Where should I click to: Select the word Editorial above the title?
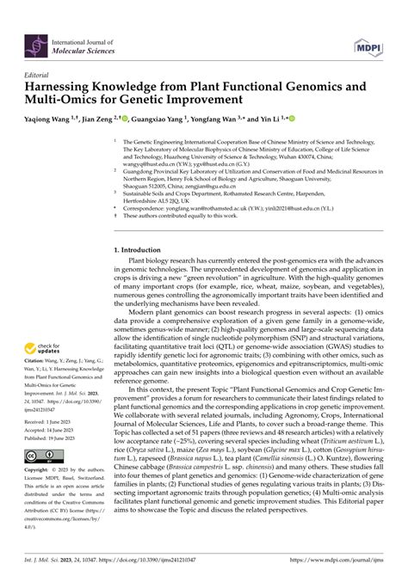[38, 75]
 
